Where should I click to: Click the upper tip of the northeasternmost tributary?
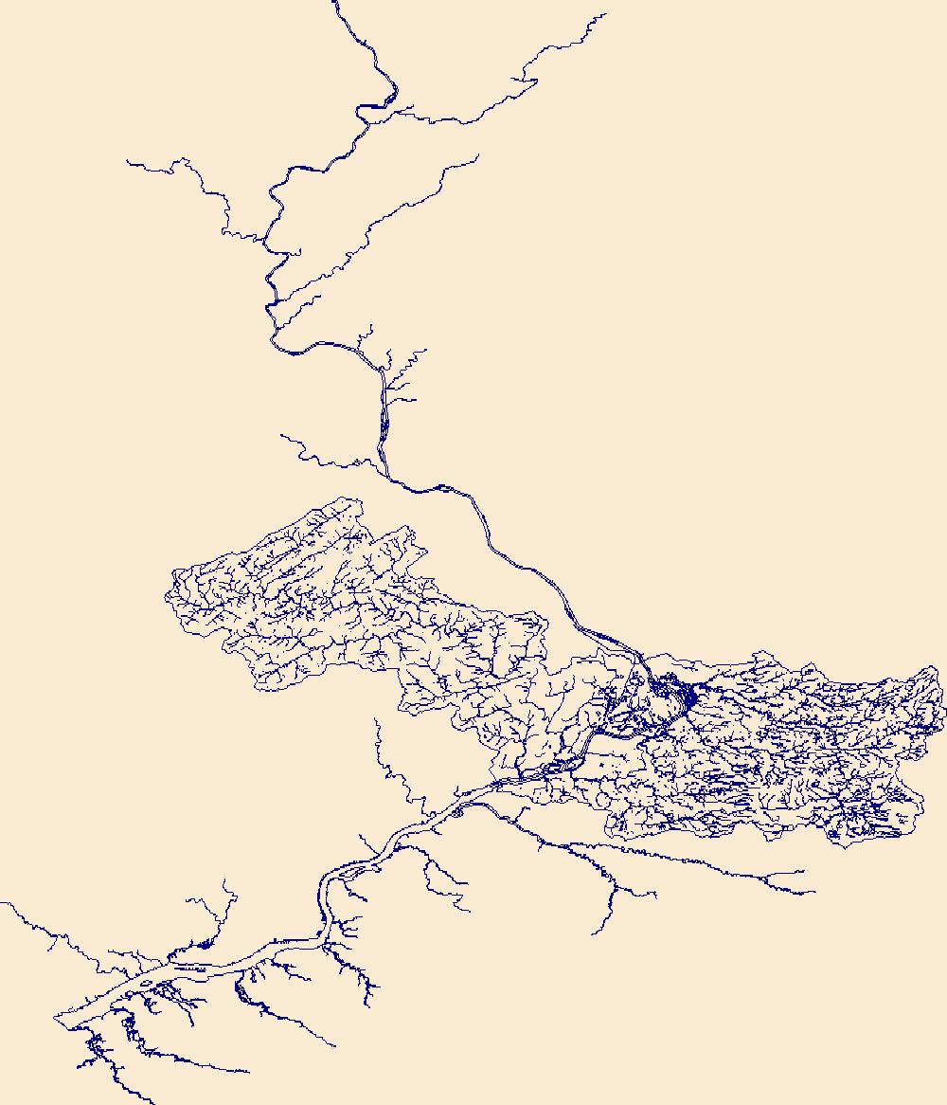point(605,14)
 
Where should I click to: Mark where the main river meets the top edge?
point(334,2)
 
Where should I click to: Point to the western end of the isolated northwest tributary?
point(128,162)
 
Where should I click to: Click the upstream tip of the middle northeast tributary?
point(478,156)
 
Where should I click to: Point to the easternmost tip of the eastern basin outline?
point(944,706)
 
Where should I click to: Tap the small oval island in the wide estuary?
point(144,984)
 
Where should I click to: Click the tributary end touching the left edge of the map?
point(2,903)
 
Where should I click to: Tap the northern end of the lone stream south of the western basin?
point(376,718)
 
